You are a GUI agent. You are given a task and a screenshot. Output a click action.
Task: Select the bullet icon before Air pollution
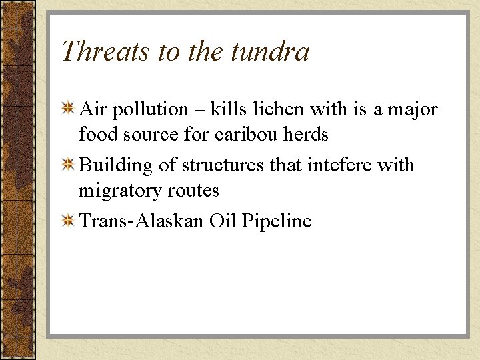tap(67, 109)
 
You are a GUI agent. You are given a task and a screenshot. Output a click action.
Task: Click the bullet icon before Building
tap(67, 165)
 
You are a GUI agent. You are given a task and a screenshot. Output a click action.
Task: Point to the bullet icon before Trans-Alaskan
tap(67, 221)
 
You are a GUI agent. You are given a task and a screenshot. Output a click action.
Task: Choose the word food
tap(95, 135)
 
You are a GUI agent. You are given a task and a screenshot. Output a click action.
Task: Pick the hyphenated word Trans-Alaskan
tap(141, 221)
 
